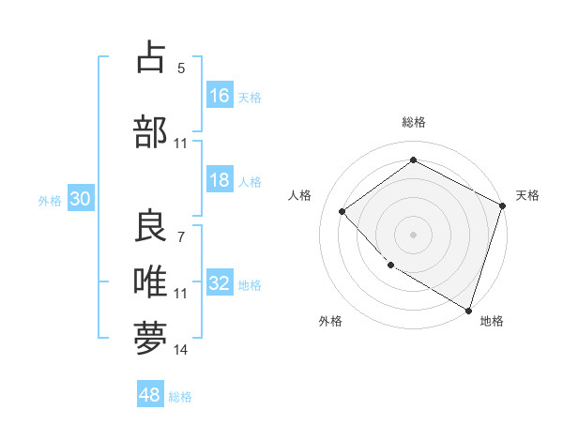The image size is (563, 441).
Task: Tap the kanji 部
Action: click(x=151, y=131)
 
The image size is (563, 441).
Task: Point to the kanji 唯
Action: click(x=151, y=281)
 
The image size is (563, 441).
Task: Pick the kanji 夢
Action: click(x=151, y=337)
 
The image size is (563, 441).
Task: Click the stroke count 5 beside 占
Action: click(x=181, y=68)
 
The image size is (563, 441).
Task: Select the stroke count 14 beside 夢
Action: click(x=181, y=350)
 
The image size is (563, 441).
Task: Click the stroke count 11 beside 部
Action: click(x=181, y=144)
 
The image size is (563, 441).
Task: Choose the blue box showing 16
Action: click(x=220, y=96)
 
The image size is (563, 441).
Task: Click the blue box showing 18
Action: click(x=220, y=180)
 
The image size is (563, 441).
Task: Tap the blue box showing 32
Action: click(x=220, y=283)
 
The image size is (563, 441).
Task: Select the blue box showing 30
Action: click(x=80, y=199)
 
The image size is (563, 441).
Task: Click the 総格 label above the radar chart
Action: click(x=414, y=122)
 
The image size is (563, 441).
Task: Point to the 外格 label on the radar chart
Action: click(x=330, y=321)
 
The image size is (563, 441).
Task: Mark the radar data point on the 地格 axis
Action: click(x=468, y=309)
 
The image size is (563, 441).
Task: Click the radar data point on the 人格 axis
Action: click(x=342, y=212)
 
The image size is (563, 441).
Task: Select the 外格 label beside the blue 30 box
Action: click(x=50, y=201)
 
